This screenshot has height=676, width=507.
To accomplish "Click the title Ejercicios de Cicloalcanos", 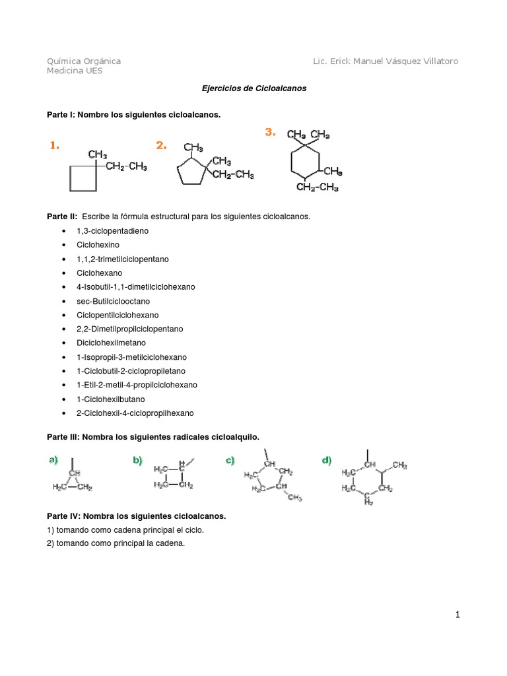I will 253,88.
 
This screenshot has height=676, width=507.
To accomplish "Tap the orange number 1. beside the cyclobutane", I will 54,146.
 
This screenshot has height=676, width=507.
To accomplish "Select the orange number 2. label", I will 161,146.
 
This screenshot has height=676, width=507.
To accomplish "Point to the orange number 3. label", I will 269,131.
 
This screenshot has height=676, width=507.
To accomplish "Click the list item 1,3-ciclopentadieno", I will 112,231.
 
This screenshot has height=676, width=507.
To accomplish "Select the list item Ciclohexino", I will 98,245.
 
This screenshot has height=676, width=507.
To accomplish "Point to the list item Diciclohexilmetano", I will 111,343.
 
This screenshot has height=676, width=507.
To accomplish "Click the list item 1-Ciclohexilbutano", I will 110,399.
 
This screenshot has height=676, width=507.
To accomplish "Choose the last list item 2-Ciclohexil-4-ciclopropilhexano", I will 135,413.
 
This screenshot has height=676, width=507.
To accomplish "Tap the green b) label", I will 137,460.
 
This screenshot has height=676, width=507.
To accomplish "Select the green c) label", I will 230,460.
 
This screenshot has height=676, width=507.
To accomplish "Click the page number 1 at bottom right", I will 457,615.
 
